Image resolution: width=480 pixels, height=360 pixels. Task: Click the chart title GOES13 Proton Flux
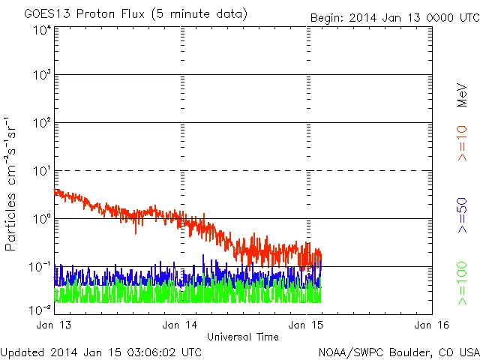(135, 14)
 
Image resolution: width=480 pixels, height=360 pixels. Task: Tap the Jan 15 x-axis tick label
(304, 325)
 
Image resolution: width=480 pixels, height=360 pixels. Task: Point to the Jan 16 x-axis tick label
(430, 325)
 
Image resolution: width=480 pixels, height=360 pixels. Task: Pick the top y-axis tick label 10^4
(41, 30)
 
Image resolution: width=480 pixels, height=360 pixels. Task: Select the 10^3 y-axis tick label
(41, 75)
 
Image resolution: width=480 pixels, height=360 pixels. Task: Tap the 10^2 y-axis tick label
(41, 123)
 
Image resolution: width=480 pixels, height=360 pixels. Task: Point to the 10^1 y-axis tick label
(41, 171)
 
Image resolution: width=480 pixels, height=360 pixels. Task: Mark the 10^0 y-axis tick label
(41, 219)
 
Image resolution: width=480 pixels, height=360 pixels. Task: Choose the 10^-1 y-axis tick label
(41, 267)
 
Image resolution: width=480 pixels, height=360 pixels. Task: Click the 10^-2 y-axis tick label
(41, 309)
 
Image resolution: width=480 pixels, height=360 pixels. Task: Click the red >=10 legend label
(463, 143)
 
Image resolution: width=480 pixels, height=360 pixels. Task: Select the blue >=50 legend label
(463, 216)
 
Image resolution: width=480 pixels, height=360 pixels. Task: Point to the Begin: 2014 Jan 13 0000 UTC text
(394, 17)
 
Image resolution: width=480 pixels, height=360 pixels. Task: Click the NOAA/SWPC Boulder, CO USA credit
(398, 352)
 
